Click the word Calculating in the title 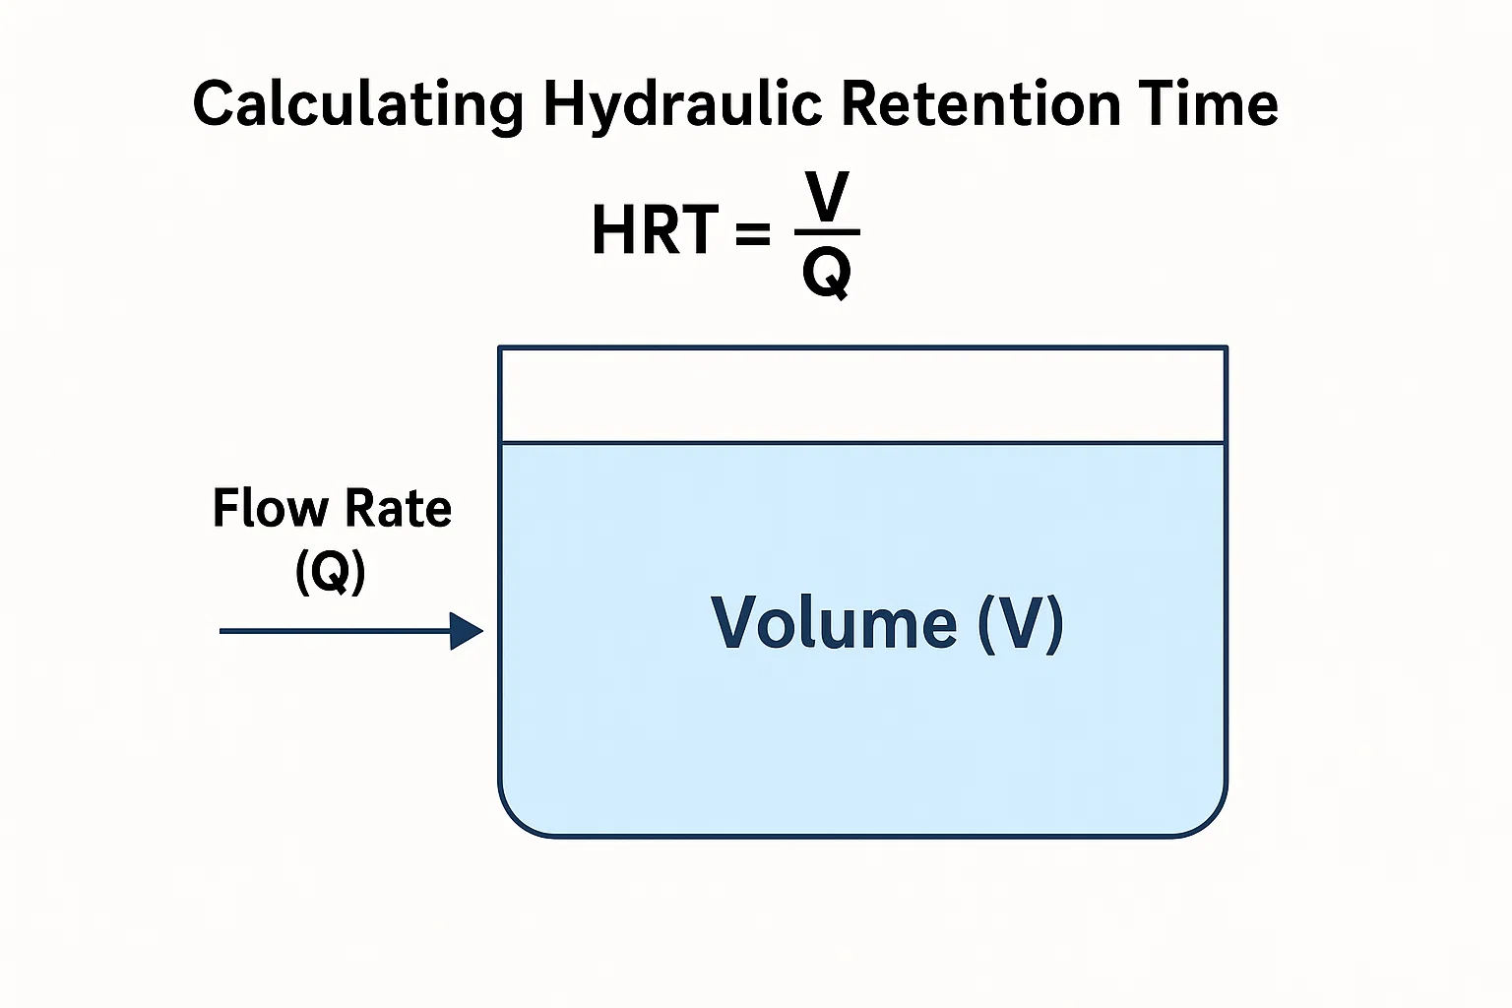tap(358, 105)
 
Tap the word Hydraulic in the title tap(682, 105)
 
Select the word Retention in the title tap(981, 103)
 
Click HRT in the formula tap(655, 230)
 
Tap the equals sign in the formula tap(753, 232)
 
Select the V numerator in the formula tap(827, 197)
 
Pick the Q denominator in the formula tap(827, 274)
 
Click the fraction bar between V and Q tap(827, 232)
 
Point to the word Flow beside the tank tap(270, 508)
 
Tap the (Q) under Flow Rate tap(331, 571)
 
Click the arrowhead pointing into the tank tap(467, 631)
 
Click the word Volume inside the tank tap(835, 622)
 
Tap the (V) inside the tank tap(1021, 624)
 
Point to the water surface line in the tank tap(863, 443)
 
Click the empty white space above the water tap(863, 395)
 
